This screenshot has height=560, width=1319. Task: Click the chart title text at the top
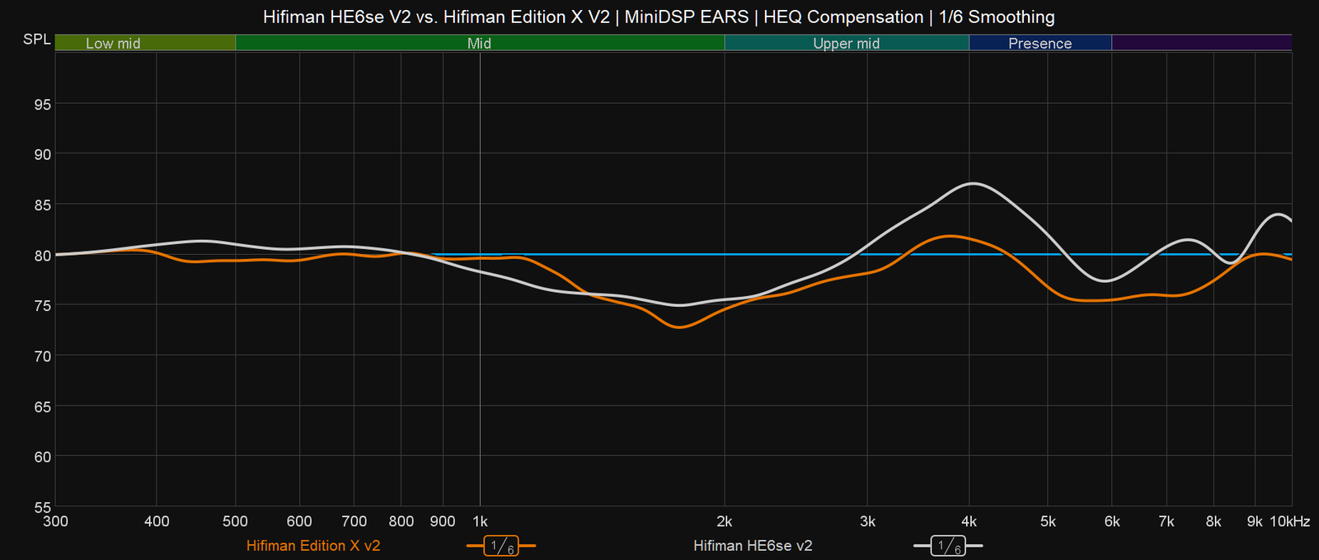(x=659, y=16)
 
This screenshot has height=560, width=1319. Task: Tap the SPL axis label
(x=36, y=40)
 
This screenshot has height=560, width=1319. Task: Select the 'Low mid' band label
(x=113, y=43)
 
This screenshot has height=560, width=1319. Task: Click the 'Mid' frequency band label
(x=479, y=43)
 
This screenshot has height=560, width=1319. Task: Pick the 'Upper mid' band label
(x=846, y=43)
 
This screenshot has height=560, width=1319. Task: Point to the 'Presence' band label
(x=1040, y=43)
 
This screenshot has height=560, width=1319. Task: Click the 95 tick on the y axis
(x=41, y=104)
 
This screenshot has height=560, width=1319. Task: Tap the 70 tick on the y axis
(x=41, y=356)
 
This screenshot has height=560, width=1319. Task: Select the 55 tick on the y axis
(x=41, y=507)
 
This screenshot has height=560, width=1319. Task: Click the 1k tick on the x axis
(x=480, y=521)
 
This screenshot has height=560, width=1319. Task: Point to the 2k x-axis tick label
(x=725, y=521)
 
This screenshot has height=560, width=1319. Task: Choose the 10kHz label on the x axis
(x=1289, y=521)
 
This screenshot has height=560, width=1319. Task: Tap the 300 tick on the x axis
(x=56, y=521)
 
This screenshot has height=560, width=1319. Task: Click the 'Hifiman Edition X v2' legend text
(x=313, y=546)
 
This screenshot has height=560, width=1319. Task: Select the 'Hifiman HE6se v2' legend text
(x=753, y=546)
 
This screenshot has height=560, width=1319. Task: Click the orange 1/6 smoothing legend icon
(x=501, y=546)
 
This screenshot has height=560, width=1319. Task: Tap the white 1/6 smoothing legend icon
(x=948, y=546)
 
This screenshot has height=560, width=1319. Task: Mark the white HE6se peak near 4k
(x=974, y=183)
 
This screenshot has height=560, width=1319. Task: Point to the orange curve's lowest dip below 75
(x=679, y=327)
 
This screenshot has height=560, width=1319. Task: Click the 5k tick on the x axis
(x=1048, y=521)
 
